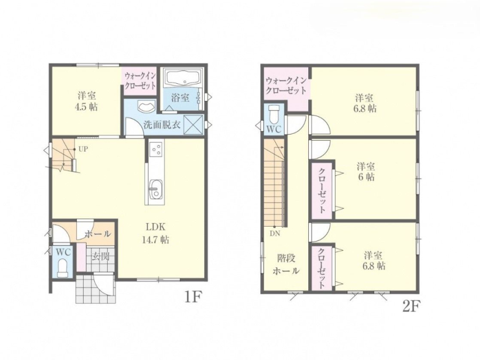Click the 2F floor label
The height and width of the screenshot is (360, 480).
pos(411,307)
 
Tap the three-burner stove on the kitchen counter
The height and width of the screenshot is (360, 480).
pos(156,149)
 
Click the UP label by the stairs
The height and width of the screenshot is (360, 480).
pos(84,149)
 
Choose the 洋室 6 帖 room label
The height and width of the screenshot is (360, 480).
pos(366,172)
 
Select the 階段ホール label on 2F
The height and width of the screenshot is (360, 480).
pos(286,265)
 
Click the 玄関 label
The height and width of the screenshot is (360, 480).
pos(101,256)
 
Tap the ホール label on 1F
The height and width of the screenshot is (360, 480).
pos(98,235)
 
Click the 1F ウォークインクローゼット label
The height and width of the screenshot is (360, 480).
pos(140,81)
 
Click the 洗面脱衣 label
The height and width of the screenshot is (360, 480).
pos(162,125)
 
